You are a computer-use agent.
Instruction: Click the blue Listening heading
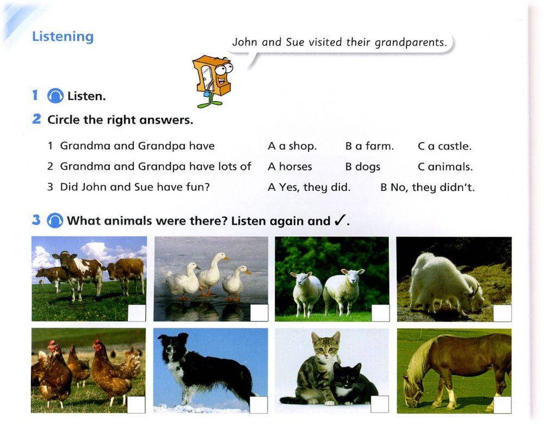(63, 36)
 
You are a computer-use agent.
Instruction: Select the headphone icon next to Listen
(55, 97)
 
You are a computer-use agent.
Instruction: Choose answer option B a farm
(369, 146)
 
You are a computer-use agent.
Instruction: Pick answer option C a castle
(444, 146)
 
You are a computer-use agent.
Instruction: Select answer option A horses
(289, 167)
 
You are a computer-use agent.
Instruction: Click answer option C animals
(445, 167)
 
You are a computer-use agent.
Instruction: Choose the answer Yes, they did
(309, 188)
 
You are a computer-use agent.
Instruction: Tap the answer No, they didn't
(428, 188)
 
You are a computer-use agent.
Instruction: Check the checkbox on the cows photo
(137, 313)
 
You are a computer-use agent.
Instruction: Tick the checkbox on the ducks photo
(259, 313)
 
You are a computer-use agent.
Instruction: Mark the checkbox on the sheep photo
(380, 313)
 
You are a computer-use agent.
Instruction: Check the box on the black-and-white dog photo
(259, 404)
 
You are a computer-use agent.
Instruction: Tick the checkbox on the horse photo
(502, 404)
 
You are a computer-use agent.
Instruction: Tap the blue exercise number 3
(36, 220)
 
